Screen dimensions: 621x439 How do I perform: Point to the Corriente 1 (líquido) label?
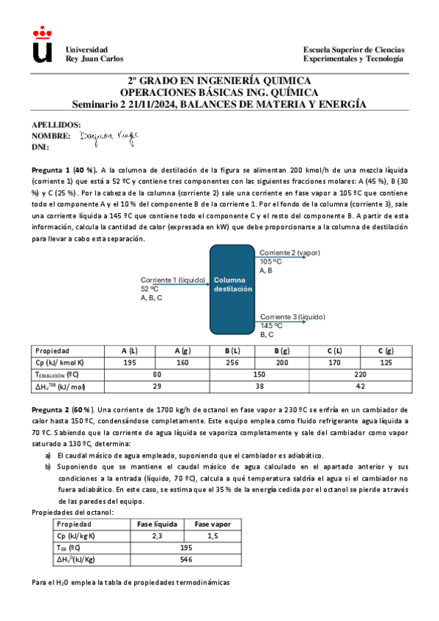coord(173,280)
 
